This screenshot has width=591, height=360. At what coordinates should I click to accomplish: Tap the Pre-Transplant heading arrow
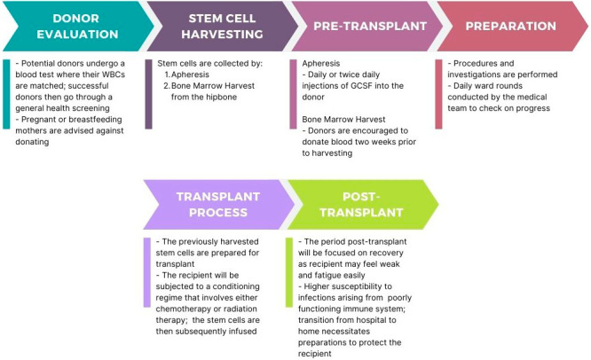click(359, 26)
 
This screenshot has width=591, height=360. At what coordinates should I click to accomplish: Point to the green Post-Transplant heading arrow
click(360, 203)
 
